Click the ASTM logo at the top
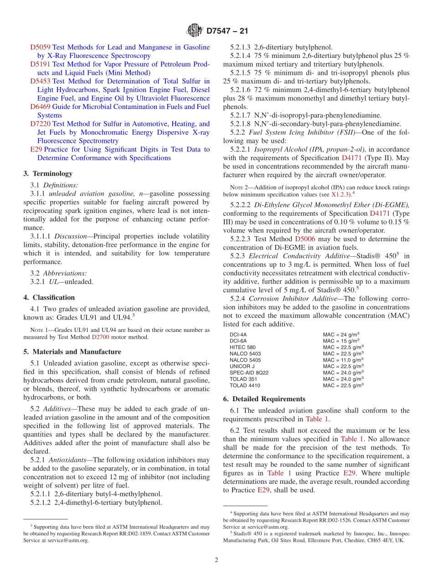[x=195, y=31]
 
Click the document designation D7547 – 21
[x=227, y=31]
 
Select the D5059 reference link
[x=40, y=47]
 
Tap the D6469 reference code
[x=40, y=107]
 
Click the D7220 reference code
[x=40, y=124]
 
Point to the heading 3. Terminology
[x=48, y=174]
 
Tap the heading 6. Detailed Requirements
[x=264, y=399]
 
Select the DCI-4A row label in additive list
[x=238, y=334]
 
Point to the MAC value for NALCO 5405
[x=343, y=360]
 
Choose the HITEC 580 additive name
[x=242, y=347]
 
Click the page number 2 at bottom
[x=216, y=560]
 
